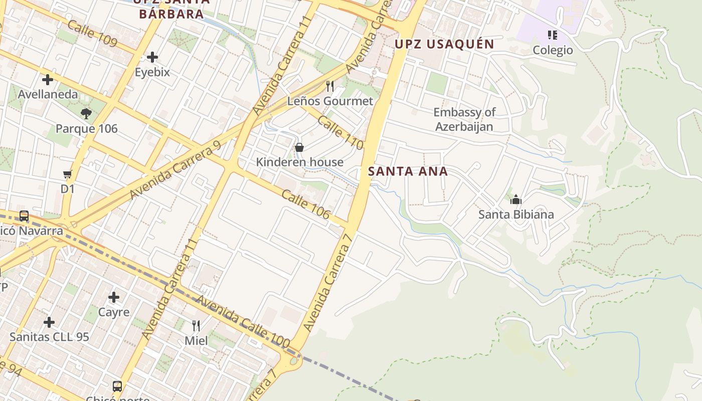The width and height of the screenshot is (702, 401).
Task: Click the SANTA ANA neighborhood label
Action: (x=408, y=171)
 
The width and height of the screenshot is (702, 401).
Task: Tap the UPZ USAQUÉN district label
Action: (x=444, y=44)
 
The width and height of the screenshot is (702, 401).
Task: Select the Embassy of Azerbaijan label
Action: (x=464, y=119)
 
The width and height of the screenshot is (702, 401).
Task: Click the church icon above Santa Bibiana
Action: (x=515, y=200)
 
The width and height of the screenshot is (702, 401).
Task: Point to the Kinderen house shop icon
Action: (x=299, y=147)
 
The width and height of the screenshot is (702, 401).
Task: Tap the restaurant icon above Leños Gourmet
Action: (x=330, y=86)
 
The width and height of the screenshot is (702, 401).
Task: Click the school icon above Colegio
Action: (x=553, y=35)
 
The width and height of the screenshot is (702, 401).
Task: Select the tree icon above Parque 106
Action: (x=86, y=114)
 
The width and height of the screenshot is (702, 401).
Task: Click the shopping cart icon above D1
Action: (x=68, y=174)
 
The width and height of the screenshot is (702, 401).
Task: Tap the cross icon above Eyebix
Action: (x=152, y=57)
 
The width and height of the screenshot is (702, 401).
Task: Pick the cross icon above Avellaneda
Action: (x=48, y=79)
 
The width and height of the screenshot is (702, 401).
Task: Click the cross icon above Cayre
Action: (x=114, y=297)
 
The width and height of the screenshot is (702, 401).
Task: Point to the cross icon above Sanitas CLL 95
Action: (x=49, y=322)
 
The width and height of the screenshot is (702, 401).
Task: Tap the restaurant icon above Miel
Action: (x=196, y=326)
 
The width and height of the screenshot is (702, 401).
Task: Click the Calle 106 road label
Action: (x=305, y=205)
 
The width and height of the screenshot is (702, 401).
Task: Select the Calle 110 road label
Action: (x=340, y=133)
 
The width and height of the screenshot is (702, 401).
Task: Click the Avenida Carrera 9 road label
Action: (x=175, y=169)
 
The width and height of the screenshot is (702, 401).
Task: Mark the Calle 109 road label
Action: (x=92, y=34)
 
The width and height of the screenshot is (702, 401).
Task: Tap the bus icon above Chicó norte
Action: (x=117, y=386)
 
